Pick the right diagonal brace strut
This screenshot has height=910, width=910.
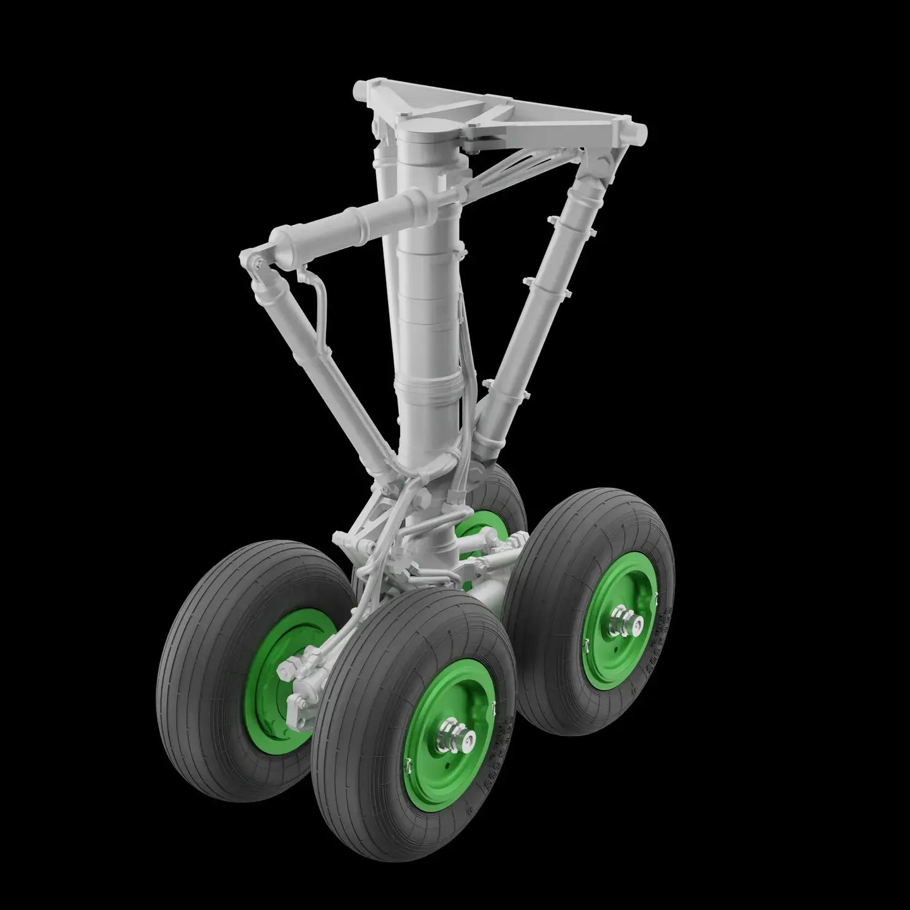[543, 297]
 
